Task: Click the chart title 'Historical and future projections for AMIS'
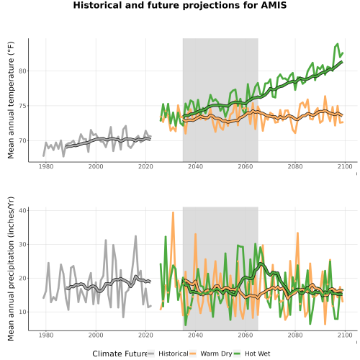[x=180, y=5]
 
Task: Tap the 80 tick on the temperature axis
[x=22, y=71]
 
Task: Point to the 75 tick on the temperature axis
[x=22, y=106]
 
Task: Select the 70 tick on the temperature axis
[x=22, y=140]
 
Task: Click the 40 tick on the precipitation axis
[x=22, y=210]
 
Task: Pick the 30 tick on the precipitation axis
[x=22, y=244]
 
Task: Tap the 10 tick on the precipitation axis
[x=22, y=312]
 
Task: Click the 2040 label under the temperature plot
[x=195, y=166]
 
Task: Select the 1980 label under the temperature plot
[x=46, y=166]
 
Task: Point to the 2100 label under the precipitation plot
[x=345, y=335]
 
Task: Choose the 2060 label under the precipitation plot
[x=246, y=335]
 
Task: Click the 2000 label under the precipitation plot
[x=96, y=335]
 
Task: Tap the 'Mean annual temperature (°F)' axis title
[x=11, y=100]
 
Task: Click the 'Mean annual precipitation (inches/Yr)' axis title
[x=11, y=269]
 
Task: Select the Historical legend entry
[x=168, y=354]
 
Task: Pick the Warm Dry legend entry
[x=211, y=354]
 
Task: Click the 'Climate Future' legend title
[x=120, y=354]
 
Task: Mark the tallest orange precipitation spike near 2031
[x=173, y=212]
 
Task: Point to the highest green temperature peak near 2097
[x=338, y=44]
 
